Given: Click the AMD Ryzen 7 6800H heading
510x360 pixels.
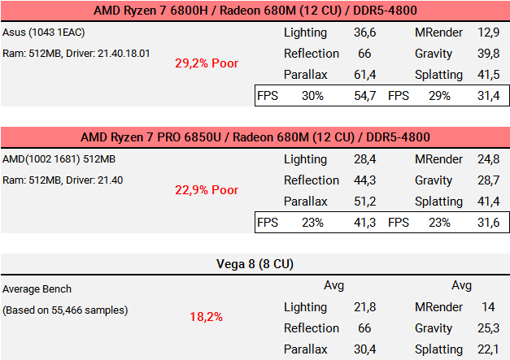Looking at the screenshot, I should [255, 11].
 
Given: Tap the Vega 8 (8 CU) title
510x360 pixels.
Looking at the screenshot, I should [255, 264].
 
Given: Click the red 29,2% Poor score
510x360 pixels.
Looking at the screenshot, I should [207, 63].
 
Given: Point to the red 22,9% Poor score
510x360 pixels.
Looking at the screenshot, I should [207, 189].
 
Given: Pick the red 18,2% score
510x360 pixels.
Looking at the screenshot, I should [207, 316].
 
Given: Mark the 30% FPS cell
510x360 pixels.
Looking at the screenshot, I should [313, 96].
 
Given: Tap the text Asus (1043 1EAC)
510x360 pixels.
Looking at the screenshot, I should [44, 33].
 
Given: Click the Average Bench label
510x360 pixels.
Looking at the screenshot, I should [37, 288].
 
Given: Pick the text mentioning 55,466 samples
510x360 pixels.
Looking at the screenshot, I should [65, 310].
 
